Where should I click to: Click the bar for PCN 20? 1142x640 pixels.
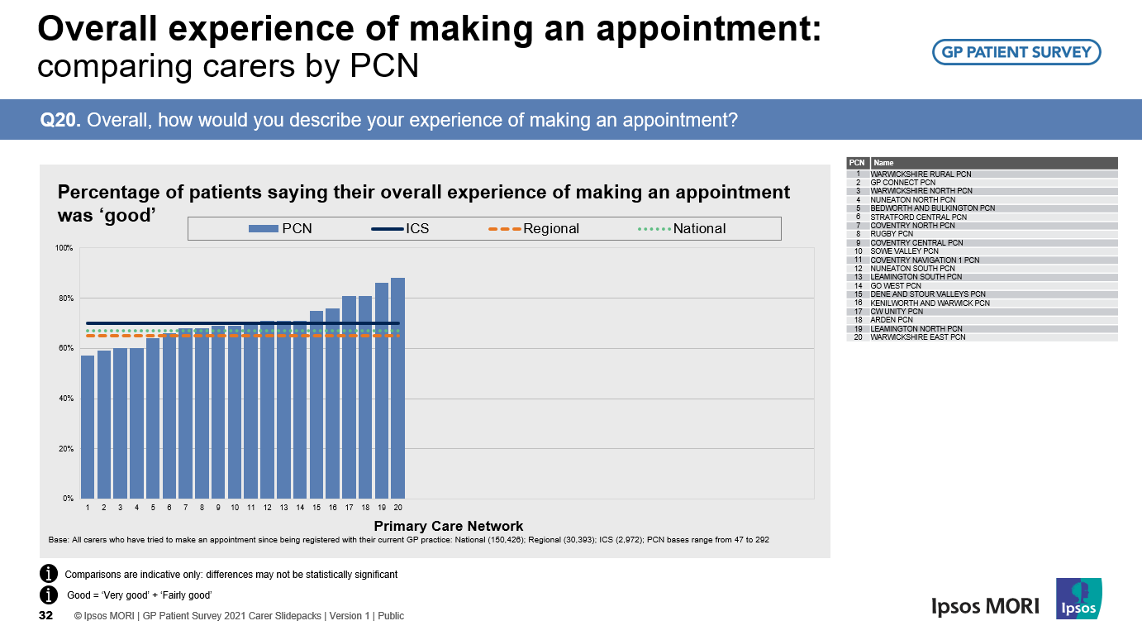[x=397, y=389]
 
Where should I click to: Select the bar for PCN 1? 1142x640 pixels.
[x=88, y=427]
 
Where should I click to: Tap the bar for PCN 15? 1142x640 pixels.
[x=316, y=405]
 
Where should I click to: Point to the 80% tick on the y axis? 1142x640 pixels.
[x=66, y=299]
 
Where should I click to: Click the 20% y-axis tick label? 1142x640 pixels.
[x=66, y=449]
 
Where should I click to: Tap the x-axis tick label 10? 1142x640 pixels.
[x=235, y=507]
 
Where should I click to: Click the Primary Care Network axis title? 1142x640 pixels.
[x=449, y=526]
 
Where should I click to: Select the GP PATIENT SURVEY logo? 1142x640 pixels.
[x=1016, y=52]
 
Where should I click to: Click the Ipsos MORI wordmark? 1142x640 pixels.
[x=985, y=606]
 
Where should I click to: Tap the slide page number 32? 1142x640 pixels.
[x=46, y=616]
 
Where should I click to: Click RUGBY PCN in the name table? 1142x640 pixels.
[x=892, y=234]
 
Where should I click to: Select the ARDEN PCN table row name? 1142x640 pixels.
[x=892, y=320]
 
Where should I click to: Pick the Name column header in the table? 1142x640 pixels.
[x=883, y=163]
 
